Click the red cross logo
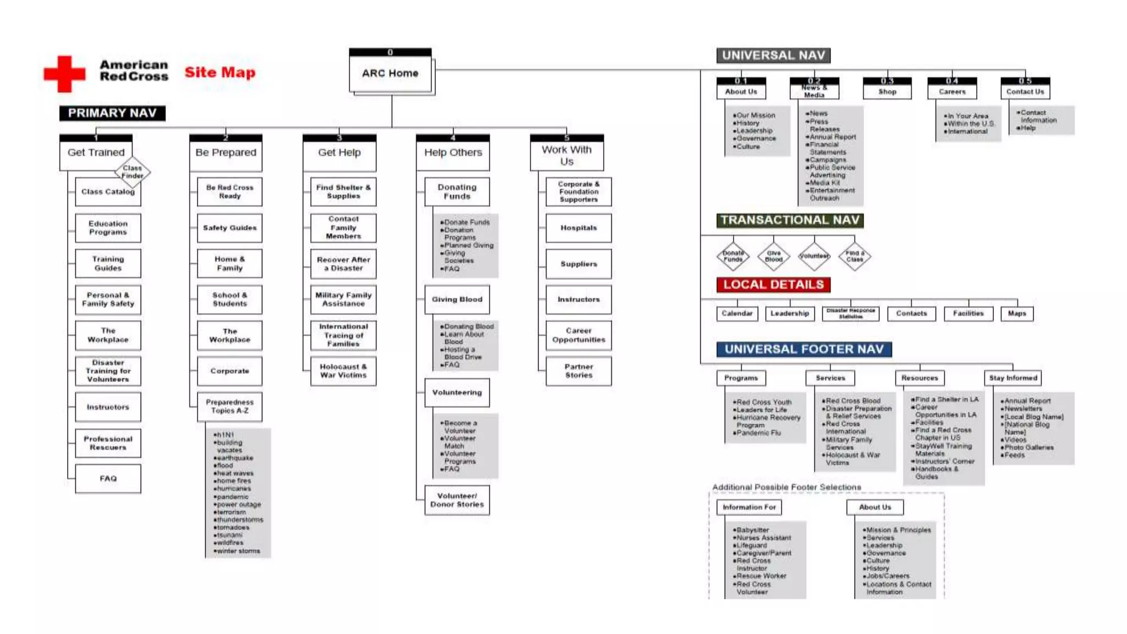pos(64,73)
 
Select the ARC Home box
pos(390,73)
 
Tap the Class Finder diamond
pos(133,172)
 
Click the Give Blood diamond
pos(774,256)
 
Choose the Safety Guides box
pos(229,228)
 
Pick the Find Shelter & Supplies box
pos(343,192)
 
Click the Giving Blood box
pos(457,299)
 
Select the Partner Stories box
pos(578,371)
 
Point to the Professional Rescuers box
pos(108,443)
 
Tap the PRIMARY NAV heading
pos(112,113)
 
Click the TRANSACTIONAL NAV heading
pos(790,220)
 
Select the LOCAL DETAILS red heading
pos(773,285)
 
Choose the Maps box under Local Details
pos(1017,314)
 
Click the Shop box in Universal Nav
pos(887,91)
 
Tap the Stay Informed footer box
pos(1013,378)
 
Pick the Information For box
pos(749,507)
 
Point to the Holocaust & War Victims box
pos(343,371)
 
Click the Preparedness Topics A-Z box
pos(229,406)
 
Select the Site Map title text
pos(220,72)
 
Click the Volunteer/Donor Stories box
pos(457,500)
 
